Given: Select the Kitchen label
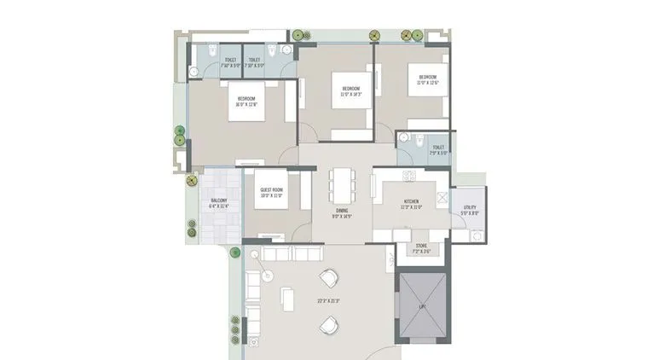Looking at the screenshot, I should tap(412, 202).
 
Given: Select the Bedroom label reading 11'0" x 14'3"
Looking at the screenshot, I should tap(351, 91).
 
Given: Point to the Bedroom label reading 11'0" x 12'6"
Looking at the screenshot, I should tap(427, 79).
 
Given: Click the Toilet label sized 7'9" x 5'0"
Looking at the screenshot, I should tap(437, 150).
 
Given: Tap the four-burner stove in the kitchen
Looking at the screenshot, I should tap(408, 178).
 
